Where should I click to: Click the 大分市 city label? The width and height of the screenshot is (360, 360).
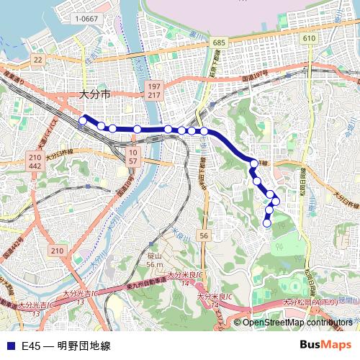coord(94,94)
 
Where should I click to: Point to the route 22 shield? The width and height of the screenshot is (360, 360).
coord(38,59)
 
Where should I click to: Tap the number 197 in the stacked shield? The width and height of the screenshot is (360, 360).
coord(154,86)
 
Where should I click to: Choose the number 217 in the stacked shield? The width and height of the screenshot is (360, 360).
coord(154,95)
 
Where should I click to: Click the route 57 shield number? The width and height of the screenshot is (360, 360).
coord(132,161)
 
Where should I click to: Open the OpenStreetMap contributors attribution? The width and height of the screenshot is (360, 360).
coord(298,322)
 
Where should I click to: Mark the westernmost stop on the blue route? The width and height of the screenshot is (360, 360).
coord(84,120)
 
